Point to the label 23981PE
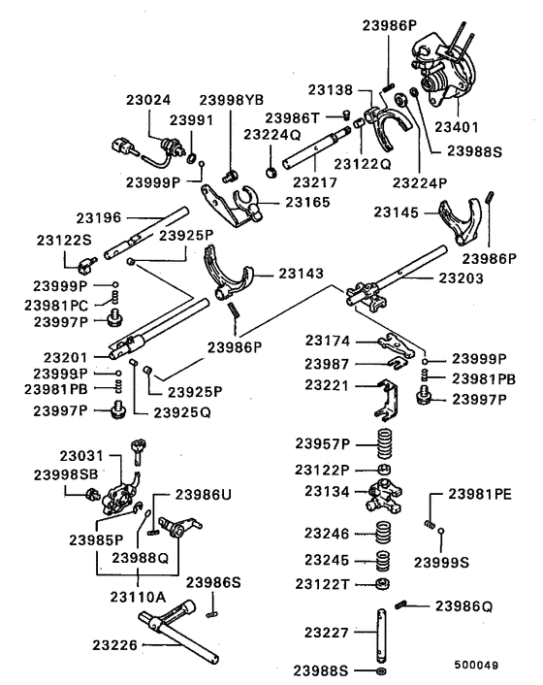[479, 494]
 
